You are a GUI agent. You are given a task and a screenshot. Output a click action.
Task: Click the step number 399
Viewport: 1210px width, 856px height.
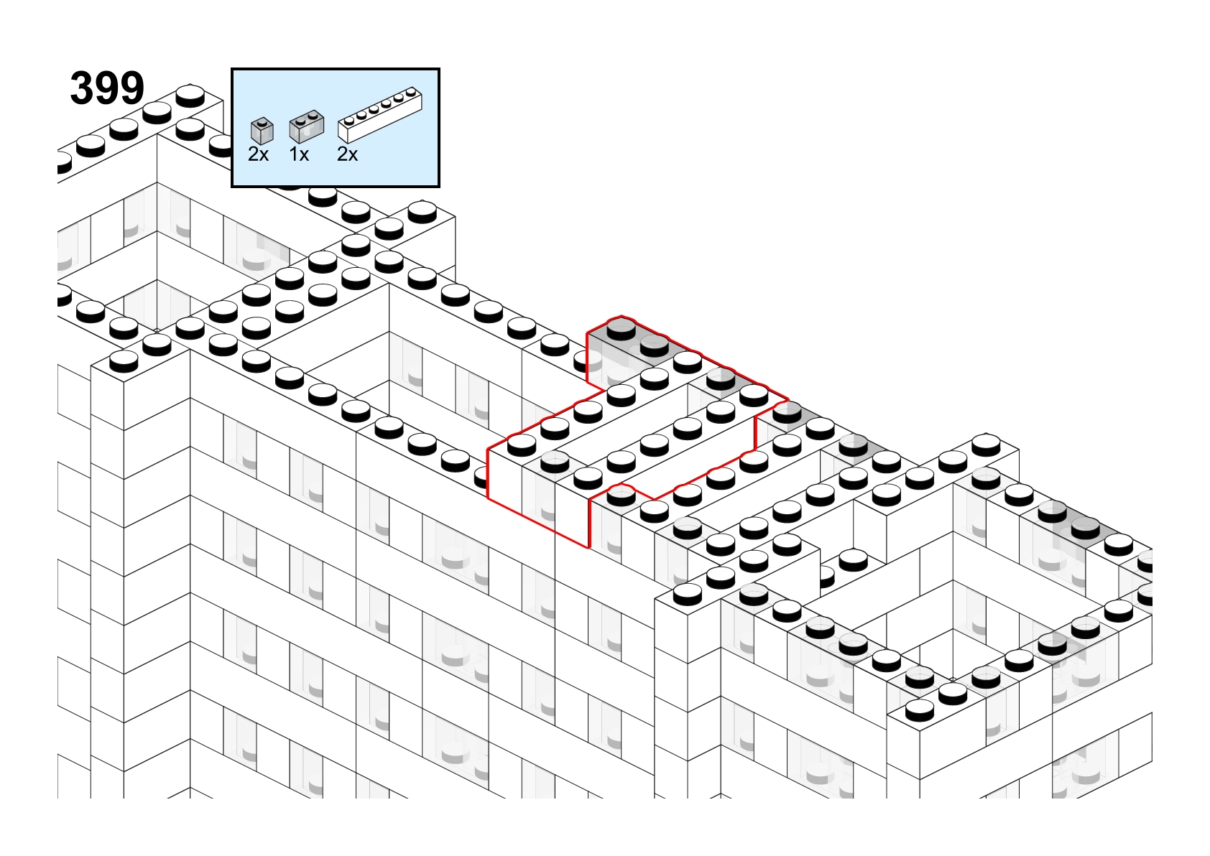[107, 88]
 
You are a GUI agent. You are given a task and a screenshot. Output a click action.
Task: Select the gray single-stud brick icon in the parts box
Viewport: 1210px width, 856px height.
[262, 131]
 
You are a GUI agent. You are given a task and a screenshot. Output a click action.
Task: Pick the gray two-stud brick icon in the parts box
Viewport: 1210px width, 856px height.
[306, 126]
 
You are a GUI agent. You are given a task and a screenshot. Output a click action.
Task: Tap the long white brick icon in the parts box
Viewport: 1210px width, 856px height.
[380, 114]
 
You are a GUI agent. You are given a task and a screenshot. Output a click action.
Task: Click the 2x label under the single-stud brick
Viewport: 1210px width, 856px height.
[258, 154]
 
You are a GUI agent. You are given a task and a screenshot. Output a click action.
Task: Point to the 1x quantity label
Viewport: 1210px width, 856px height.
[299, 154]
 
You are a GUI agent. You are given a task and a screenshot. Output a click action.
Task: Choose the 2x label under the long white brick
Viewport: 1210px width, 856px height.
[347, 154]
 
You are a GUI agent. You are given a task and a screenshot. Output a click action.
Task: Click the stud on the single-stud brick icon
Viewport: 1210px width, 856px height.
[263, 121]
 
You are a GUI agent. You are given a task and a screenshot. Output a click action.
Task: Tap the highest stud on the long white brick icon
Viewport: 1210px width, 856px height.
[412, 92]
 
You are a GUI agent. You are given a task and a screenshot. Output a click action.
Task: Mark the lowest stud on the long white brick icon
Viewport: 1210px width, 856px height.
[349, 120]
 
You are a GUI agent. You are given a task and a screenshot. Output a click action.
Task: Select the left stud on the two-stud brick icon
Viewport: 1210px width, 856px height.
[301, 119]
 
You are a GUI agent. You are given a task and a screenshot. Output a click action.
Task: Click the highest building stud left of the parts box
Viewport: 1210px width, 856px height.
[190, 95]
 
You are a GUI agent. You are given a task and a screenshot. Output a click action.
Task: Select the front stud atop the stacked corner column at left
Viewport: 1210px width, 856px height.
[124, 360]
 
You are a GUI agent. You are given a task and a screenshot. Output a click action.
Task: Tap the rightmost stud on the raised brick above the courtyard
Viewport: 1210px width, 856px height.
[987, 445]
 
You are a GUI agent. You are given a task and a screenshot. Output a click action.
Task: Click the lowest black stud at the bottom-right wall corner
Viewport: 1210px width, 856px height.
[920, 710]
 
